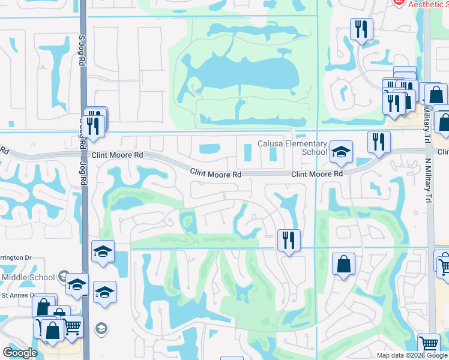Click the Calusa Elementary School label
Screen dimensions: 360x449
pyautogui.click(x=292, y=148)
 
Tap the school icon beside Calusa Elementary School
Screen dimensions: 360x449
pyautogui.click(x=341, y=152)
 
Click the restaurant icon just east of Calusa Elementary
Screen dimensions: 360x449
pyautogui.click(x=379, y=142)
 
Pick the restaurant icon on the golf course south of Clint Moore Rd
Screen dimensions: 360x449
pyautogui.click(x=289, y=241)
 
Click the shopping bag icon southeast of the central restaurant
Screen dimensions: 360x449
pyautogui.click(x=343, y=265)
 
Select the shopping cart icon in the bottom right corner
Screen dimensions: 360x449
pyautogui.click(x=429, y=344)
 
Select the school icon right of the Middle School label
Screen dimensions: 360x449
pyautogui.click(x=77, y=284)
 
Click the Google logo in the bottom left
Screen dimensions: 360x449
pyautogui.click(x=20, y=353)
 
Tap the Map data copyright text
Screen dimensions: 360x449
pyautogui.click(x=411, y=355)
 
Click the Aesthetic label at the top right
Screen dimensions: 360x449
pyautogui.click(x=427, y=4)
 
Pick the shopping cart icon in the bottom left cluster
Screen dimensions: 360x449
pyautogui.click(x=72, y=326)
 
